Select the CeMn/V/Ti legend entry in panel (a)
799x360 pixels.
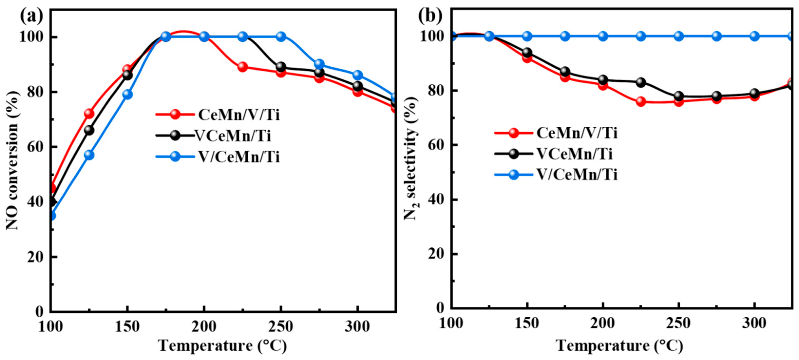click(x=239, y=114)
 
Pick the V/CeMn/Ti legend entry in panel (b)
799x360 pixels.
click(x=577, y=175)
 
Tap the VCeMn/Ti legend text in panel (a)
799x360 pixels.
click(x=233, y=136)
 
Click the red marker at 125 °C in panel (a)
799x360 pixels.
click(x=89, y=114)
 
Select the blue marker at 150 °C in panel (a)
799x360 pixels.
click(x=127, y=94)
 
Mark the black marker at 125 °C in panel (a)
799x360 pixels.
click(x=89, y=130)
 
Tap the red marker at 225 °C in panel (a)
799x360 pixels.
click(x=243, y=67)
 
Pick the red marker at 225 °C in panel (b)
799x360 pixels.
click(x=641, y=102)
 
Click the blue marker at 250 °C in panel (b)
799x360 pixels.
click(x=679, y=36)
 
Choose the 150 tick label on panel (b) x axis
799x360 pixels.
click(x=527, y=324)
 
